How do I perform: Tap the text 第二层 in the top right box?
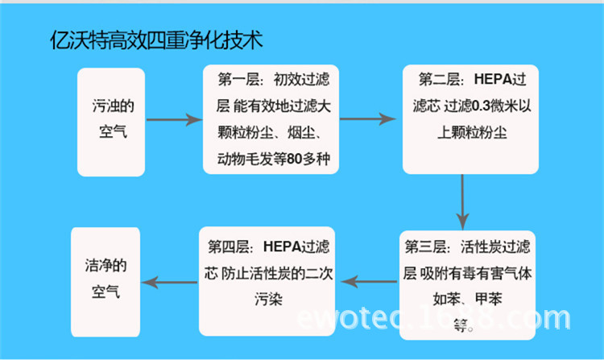[x=439, y=81]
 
